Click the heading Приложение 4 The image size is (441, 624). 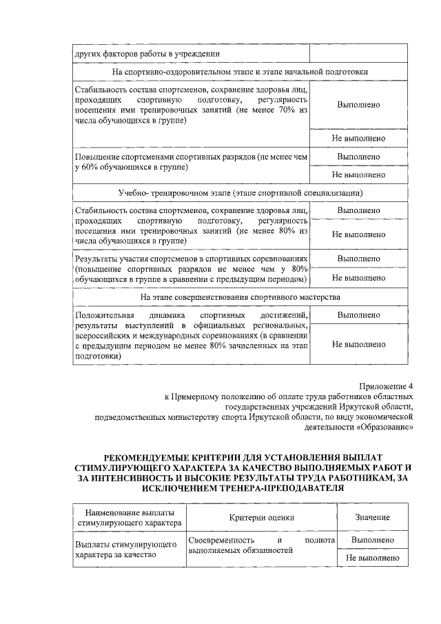tap(385, 386)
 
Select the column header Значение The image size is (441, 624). tap(372, 517)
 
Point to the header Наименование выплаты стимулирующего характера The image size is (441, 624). tap(130, 517)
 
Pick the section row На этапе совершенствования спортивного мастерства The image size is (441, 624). tap(240, 296)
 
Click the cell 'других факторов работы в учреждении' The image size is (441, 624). tap(148, 53)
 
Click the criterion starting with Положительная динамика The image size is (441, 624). tap(191, 336)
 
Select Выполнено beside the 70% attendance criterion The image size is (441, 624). tap(358, 105)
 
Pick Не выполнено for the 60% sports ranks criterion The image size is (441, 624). tap(358, 174)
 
